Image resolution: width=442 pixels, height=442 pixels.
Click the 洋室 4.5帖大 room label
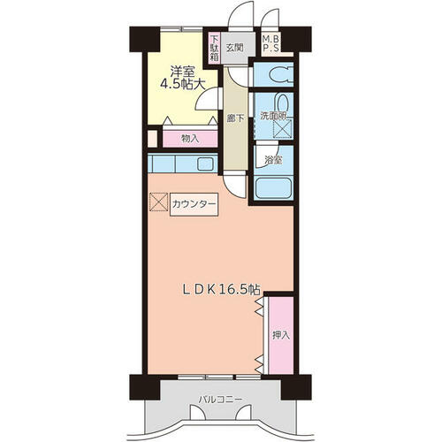[182, 78]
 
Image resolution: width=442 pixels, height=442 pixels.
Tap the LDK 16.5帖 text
[221, 290]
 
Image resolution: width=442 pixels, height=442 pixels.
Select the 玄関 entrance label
[234, 48]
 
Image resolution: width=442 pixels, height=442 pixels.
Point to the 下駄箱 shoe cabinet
[214, 48]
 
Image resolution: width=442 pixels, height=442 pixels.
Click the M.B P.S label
[271, 43]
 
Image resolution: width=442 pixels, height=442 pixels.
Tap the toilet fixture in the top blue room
[280, 75]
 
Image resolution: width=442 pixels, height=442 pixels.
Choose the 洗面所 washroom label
[273, 116]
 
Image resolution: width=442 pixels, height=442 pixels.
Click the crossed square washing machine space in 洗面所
[283, 128]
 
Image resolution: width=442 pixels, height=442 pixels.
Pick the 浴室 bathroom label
[273, 160]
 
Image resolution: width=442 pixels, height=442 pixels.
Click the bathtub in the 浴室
[273, 188]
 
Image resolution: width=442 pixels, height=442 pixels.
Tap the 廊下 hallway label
[235, 118]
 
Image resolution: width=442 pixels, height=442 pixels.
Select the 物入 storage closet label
[190, 139]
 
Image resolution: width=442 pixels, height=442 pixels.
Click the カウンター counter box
[194, 204]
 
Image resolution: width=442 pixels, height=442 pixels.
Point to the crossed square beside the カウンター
[159, 202]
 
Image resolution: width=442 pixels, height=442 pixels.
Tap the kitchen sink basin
[205, 164]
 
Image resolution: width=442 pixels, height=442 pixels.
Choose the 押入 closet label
[281, 335]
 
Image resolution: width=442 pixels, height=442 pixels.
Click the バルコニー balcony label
[220, 400]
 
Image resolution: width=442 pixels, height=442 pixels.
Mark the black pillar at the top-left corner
[145, 39]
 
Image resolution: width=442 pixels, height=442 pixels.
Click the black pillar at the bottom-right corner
[296, 387]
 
